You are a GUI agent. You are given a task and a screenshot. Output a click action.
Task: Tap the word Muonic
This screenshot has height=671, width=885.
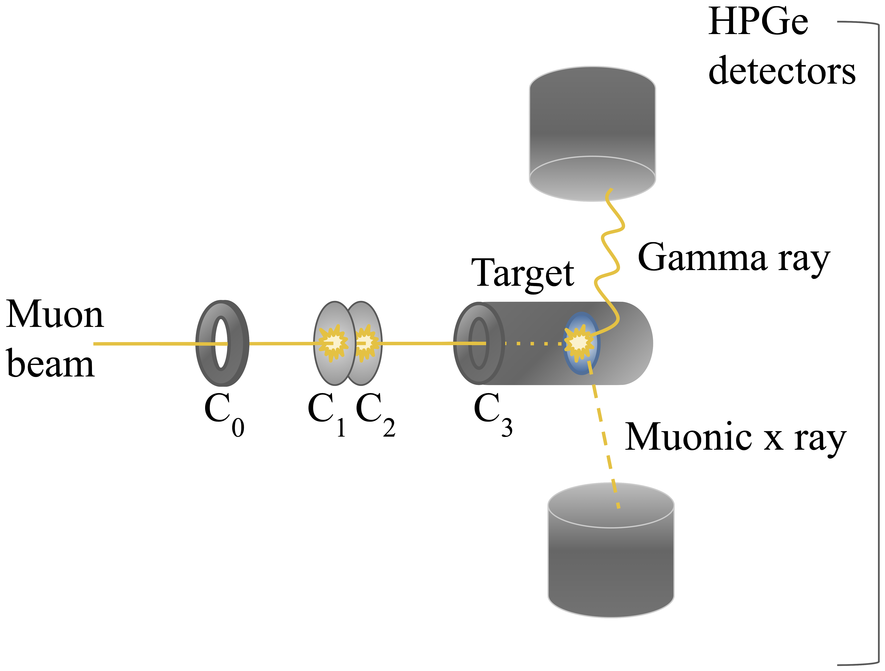[688, 437]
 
